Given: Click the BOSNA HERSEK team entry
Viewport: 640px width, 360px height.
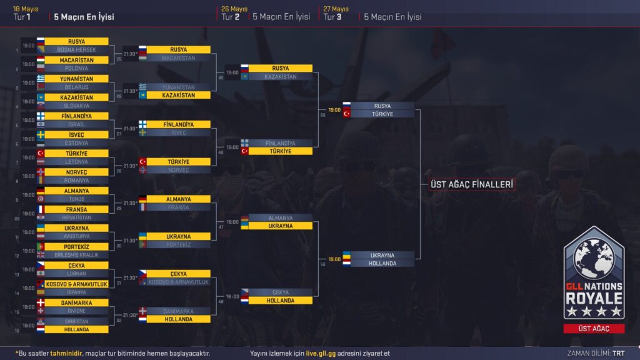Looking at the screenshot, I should pyautogui.click(x=76, y=49).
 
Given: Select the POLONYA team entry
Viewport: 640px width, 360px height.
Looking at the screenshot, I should pyautogui.click(x=76, y=68).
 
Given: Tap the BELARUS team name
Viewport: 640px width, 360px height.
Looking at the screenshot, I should pyautogui.click(x=76, y=87).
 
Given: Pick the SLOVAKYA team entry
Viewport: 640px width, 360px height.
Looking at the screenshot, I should pyautogui.click(x=76, y=106).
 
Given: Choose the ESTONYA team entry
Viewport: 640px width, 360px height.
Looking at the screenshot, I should pyautogui.click(x=76, y=143).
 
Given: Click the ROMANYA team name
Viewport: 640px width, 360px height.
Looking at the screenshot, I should pyautogui.click(x=76, y=180).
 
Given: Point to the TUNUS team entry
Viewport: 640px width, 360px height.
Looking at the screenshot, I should pyautogui.click(x=76, y=199).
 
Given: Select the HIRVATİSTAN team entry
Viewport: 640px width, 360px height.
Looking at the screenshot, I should pyautogui.click(x=76, y=217).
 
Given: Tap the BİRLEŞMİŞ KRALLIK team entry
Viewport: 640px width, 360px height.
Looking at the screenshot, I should pyautogui.click(x=76, y=255).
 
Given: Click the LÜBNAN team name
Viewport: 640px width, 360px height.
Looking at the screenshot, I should pyautogui.click(x=76, y=274).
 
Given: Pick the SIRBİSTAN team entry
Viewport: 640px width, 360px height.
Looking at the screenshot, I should pyautogui.click(x=76, y=321).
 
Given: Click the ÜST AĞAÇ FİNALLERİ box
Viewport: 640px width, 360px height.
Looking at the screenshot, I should pyautogui.click(x=472, y=184).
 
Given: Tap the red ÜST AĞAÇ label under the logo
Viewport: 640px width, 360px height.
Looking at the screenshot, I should pyautogui.click(x=594, y=329).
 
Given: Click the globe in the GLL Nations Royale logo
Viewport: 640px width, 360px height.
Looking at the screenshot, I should pyautogui.click(x=594, y=259).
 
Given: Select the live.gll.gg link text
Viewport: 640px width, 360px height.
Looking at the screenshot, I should pyautogui.click(x=321, y=353).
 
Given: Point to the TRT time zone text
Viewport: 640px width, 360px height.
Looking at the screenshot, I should pyautogui.click(x=619, y=353).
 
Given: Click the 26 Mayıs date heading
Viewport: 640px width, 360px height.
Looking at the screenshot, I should pyautogui.click(x=234, y=9).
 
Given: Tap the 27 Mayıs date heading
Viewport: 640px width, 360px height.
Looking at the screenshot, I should pyautogui.click(x=336, y=9).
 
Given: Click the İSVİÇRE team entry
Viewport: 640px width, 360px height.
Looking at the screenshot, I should pyautogui.click(x=76, y=311).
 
